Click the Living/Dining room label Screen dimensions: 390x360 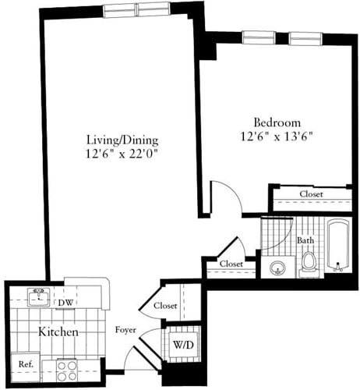tap(122, 140)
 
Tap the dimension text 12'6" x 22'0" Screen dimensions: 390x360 tap(122, 154)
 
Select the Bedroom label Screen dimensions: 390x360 tap(277, 122)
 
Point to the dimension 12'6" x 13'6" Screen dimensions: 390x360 tap(277, 136)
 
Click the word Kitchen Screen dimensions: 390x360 tap(58, 332)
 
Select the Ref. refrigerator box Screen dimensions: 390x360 tap(26, 363)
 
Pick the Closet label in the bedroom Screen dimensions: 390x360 tap(308, 194)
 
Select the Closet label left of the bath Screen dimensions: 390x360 tap(231, 264)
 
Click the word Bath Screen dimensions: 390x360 tap(305, 240)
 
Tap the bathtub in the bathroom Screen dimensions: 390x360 tap(338, 246)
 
